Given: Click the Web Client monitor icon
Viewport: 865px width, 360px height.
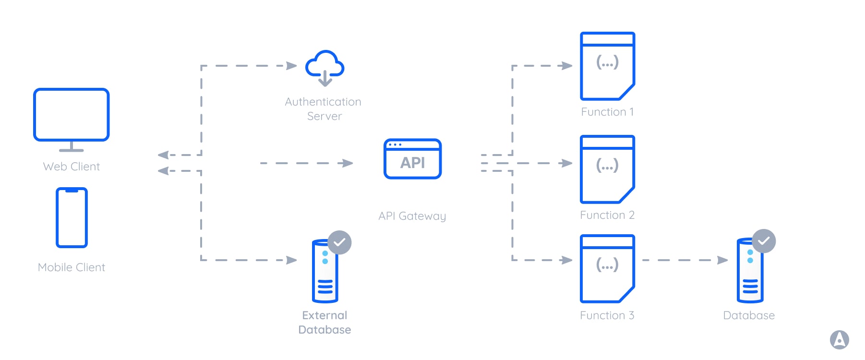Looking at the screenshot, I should coord(72,115).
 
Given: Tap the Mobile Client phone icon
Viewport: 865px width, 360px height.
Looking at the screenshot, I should coord(72,217).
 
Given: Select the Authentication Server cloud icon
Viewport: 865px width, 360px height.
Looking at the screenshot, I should coord(325,67).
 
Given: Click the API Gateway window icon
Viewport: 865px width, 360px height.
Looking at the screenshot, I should coord(412,159).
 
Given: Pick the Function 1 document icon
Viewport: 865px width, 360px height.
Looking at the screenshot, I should coord(607,66).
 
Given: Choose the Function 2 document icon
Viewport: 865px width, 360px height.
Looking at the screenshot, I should coord(607,169).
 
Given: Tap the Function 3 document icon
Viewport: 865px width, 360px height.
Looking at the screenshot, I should coord(607,269).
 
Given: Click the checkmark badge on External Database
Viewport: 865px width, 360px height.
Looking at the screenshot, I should coord(339,242).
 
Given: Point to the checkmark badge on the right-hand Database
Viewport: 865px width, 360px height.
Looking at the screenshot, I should coord(764,241).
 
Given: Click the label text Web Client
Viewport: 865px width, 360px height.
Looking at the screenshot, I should coord(72,167).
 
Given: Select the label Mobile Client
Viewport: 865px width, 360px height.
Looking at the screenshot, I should coord(72,267).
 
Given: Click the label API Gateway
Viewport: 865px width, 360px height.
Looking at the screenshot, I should coord(412,216).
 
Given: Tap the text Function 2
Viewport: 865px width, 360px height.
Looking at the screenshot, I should coord(607,215).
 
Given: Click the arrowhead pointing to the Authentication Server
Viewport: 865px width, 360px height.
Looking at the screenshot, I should coord(291,66).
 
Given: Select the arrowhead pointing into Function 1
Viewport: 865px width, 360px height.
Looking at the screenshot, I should coord(567,66).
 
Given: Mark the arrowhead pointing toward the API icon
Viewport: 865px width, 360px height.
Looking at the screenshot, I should coord(348,163).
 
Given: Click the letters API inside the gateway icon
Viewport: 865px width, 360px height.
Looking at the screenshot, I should coord(412,163).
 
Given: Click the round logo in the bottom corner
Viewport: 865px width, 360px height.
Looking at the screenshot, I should coord(839,340).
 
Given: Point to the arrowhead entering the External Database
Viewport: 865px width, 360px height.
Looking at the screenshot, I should coord(291,260).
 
